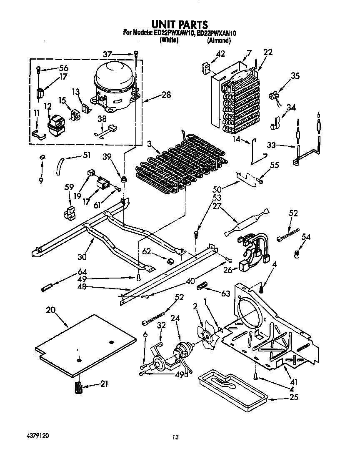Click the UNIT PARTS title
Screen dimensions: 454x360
tap(180, 25)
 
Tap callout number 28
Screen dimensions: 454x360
tap(166, 95)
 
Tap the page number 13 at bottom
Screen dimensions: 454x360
tap(176, 437)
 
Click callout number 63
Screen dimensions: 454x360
tap(226, 293)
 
